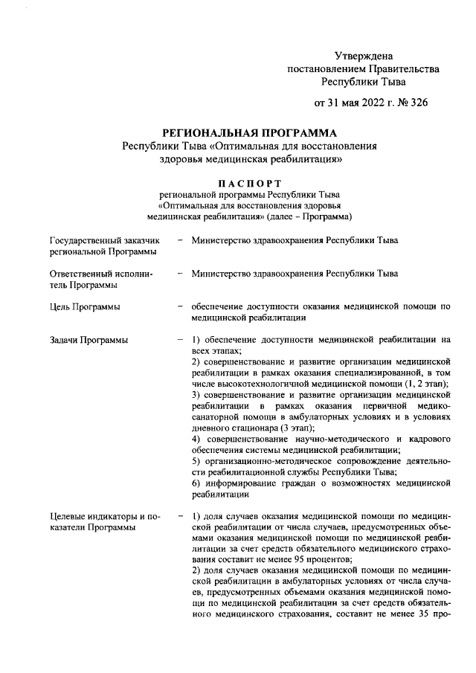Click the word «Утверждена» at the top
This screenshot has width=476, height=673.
[363, 56]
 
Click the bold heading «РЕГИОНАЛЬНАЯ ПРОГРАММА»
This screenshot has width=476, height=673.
[239, 132]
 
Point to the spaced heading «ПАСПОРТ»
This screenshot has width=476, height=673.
[239, 182]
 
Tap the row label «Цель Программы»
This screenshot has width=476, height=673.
[84, 306]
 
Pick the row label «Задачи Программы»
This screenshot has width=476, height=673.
[88, 340]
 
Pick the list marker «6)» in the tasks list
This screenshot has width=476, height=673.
[196, 483]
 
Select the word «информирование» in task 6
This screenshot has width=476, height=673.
[242, 483]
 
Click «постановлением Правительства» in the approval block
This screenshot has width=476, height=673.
[363, 68]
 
